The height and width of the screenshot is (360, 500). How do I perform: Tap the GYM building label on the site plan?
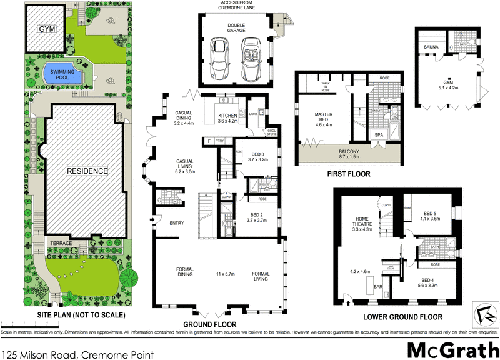[45, 29]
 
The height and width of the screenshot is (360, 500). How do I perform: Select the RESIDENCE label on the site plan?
[87, 171]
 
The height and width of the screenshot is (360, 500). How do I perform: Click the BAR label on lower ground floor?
[377, 287]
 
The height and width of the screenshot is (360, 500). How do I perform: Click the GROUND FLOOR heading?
[210, 324]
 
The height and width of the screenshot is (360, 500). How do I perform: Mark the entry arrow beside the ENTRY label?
[152, 219]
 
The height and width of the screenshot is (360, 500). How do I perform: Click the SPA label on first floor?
[379, 135]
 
